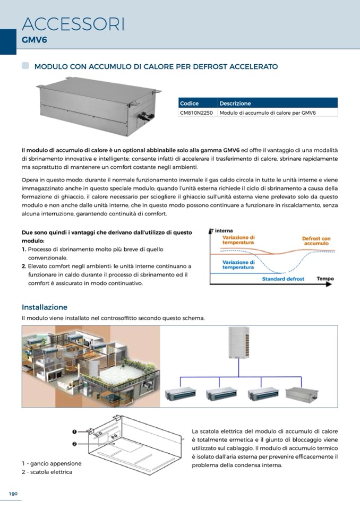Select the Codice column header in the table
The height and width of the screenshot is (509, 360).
click(x=190, y=103)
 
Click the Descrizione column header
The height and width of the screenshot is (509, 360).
click(x=235, y=103)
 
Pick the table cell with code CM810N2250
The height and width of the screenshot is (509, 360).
click(x=198, y=113)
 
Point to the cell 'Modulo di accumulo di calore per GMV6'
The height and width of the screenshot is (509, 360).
click(x=267, y=113)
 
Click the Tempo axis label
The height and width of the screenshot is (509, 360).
click(x=325, y=279)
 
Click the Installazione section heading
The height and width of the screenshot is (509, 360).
click(x=45, y=307)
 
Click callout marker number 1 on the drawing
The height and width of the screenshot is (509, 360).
click(x=75, y=432)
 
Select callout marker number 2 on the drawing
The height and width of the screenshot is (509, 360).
click(x=75, y=444)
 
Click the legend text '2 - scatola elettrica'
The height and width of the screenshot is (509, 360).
click(x=47, y=472)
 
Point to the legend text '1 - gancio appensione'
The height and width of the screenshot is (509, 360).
click(x=52, y=463)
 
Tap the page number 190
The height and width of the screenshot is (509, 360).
click(x=13, y=494)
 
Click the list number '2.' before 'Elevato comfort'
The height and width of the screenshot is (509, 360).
click(x=24, y=266)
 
